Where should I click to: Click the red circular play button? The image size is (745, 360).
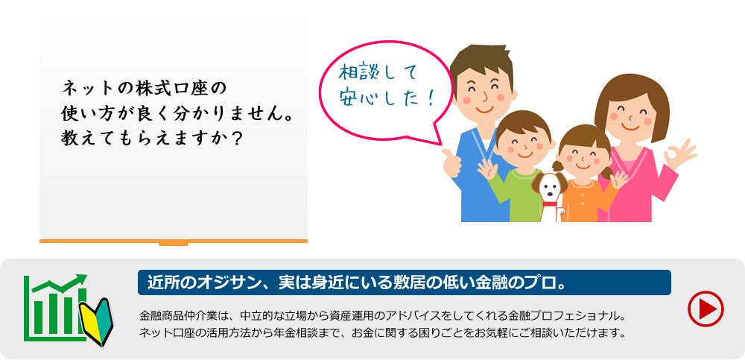[x=706, y=309]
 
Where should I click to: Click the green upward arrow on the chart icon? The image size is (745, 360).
[x=60, y=282]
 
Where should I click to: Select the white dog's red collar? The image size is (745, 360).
[x=550, y=204]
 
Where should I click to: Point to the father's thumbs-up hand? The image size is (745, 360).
[x=452, y=162]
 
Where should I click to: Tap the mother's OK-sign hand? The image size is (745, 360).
[x=679, y=154]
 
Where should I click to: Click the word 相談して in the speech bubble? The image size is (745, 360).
[x=378, y=73]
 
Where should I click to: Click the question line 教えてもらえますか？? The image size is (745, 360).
[x=153, y=139]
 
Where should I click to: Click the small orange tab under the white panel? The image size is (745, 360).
[x=174, y=244]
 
